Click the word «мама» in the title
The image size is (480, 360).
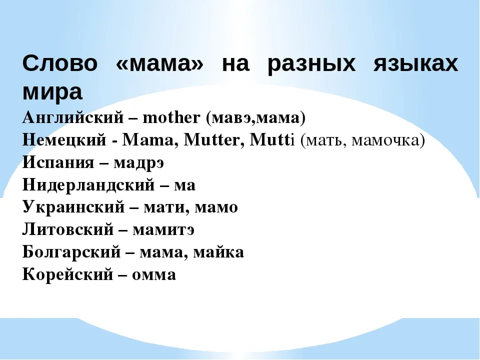(x=159, y=63)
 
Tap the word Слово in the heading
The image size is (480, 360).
(x=60, y=63)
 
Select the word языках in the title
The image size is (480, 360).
(x=415, y=63)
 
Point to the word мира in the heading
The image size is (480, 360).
(x=52, y=92)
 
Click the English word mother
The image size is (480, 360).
(x=171, y=117)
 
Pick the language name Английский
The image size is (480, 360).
(x=73, y=117)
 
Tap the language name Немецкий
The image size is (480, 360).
(x=64, y=140)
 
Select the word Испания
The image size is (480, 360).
(x=58, y=162)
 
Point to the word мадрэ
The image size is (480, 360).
(x=138, y=163)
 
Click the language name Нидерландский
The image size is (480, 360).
(x=88, y=185)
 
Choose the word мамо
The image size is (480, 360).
(x=216, y=208)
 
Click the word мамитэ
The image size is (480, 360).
(x=163, y=230)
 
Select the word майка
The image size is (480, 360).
(x=218, y=252)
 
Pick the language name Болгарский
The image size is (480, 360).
(x=71, y=252)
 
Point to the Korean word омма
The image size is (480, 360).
(x=154, y=275)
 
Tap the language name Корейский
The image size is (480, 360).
(x=67, y=274)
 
